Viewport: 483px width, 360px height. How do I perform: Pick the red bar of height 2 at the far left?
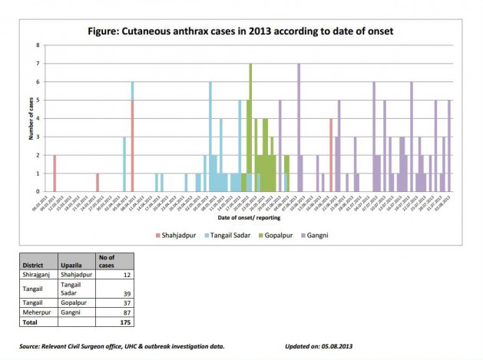(x=55, y=173)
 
